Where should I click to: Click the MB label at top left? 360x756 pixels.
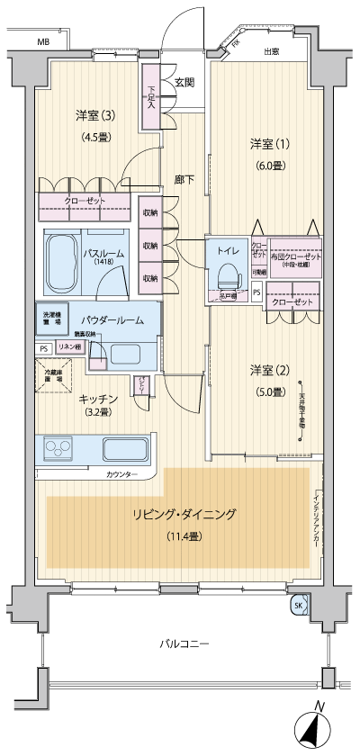click(43, 42)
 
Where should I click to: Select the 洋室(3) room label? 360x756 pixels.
click(94, 115)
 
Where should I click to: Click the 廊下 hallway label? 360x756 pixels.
click(184, 178)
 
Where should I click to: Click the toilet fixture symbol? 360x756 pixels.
click(229, 274)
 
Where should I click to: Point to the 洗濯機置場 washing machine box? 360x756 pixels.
click(55, 319)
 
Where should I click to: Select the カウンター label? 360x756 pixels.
click(121, 473)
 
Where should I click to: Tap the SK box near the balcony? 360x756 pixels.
click(298, 606)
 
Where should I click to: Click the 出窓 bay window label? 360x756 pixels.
click(271, 51)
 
